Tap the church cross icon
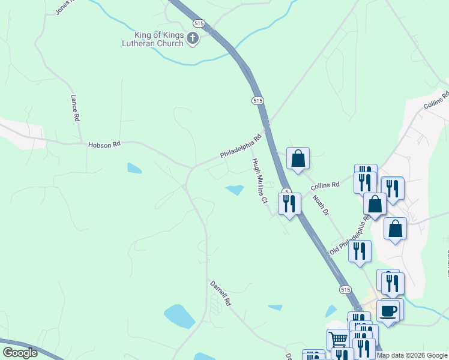pyautogui.click(x=193, y=39)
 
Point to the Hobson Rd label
pyautogui.click(x=104, y=145)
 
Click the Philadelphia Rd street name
pyautogui.click(x=241, y=146)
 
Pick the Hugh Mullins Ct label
pyautogui.click(x=259, y=181)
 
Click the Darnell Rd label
pyautogui.click(x=220, y=293)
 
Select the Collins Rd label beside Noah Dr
pyautogui.click(x=325, y=185)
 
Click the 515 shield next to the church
pyautogui.click(x=199, y=22)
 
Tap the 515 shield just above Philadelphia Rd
pyautogui.click(x=258, y=101)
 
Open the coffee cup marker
pyautogui.click(x=388, y=311)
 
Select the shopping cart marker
pyautogui.click(x=338, y=340)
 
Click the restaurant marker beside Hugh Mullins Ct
pyautogui.click(x=289, y=204)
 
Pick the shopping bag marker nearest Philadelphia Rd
pyautogui.click(x=298, y=159)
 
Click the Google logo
pyautogui.click(x=20, y=353)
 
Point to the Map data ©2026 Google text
pyautogui.click(x=412, y=355)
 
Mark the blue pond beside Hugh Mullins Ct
pyautogui.click(x=235, y=190)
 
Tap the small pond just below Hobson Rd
pyautogui.click(x=134, y=168)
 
